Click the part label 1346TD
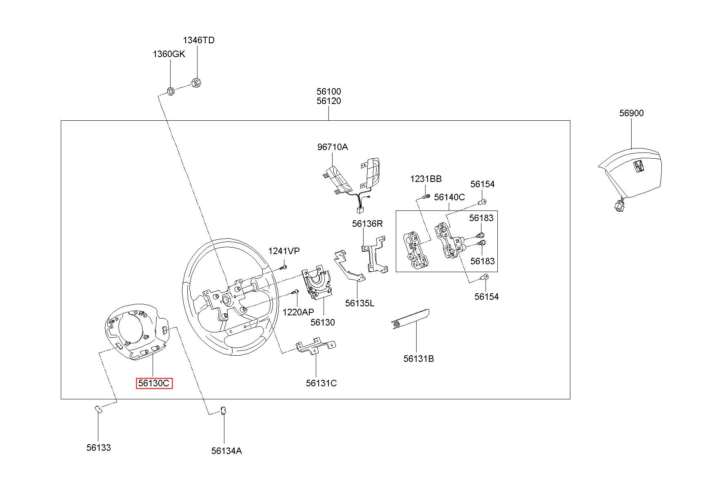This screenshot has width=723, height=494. [198, 40]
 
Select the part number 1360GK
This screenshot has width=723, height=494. [169, 54]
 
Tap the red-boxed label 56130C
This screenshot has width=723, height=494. [154, 383]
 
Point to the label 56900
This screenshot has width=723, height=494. [631, 113]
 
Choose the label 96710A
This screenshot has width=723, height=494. [333, 147]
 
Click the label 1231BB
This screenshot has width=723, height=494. [426, 179]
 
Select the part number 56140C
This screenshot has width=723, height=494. [449, 197]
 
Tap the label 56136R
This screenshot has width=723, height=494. [368, 224]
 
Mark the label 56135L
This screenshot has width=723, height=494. [359, 303]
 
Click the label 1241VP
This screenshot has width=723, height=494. [284, 251]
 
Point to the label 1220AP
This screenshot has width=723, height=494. [298, 312]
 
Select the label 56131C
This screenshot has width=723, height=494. [321, 383]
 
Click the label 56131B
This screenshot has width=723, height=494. [419, 359]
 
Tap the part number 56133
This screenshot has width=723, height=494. [98, 448]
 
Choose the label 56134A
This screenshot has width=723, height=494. [226, 451]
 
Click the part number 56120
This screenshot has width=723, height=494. [328, 101]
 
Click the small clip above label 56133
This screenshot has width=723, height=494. [98, 409]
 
